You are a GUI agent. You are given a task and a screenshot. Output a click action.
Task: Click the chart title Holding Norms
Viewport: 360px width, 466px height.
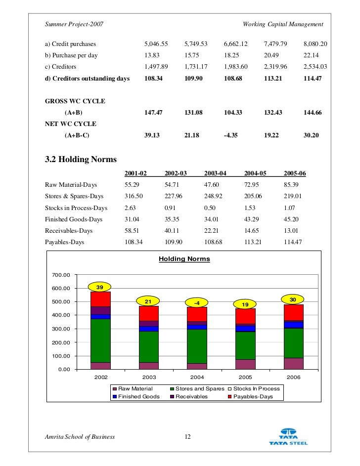[x=184, y=259]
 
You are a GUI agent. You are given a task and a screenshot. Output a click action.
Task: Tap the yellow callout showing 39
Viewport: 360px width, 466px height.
[x=99, y=287]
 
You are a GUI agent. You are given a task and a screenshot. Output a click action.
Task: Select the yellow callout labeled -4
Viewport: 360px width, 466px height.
[x=196, y=302]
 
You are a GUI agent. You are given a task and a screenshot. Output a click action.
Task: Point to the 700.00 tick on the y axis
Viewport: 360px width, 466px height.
[x=60, y=275]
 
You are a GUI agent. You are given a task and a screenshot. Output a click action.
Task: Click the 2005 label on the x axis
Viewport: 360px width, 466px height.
[x=245, y=377]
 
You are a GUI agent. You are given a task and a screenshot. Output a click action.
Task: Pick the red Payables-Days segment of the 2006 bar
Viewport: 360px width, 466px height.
[x=293, y=312]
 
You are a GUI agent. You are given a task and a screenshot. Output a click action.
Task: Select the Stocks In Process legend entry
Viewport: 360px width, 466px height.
[x=253, y=388]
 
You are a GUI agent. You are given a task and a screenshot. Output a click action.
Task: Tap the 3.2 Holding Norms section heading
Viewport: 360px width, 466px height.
[x=81, y=160]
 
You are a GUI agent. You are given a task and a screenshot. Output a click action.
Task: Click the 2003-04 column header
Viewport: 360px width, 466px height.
[x=215, y=173]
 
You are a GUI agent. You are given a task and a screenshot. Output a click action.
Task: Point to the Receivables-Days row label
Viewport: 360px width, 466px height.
[x=68, y=231]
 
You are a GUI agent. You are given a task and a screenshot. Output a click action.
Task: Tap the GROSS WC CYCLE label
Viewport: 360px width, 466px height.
[x=75, y=101]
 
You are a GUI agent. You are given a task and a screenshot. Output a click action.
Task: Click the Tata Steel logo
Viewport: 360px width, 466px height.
[x=288, y=436]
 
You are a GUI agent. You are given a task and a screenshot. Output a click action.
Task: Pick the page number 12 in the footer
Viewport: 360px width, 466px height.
[x=187, y=437]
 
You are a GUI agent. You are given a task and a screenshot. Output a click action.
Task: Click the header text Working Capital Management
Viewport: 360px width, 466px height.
[x=283, y=24]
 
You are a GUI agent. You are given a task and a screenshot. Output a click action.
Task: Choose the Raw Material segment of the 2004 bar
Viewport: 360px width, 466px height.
[x=197, y=366]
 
